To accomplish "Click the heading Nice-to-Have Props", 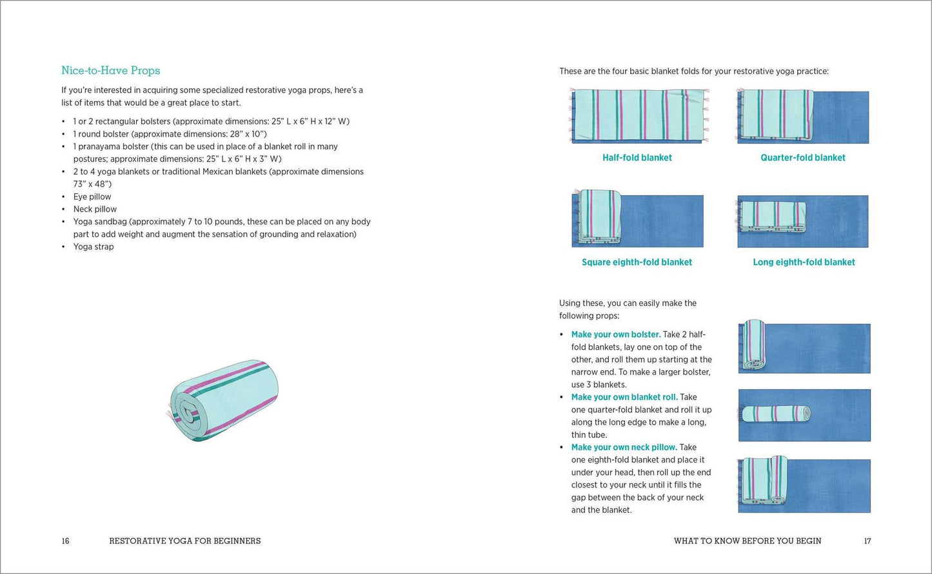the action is [x=111, y=70].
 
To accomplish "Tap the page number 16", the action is [x=65, y=541].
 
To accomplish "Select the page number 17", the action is [x=868, y=541].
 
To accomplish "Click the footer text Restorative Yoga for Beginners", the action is [x=184, y=541].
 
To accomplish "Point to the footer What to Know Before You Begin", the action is [x=748, y=541].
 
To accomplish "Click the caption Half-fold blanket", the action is [x=637, y=158].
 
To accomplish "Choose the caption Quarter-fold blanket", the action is [x=803, y=158].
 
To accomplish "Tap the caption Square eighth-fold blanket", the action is [x=637, y=262].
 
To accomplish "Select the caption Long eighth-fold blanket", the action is [x=804, y=262].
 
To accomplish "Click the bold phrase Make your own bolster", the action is [x=616, y=334].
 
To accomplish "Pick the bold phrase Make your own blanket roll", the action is [x=624, y=397].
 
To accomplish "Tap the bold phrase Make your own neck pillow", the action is [x=624, y=447].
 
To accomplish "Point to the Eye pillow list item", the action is [x=92, y=196].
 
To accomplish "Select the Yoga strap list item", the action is [x=93, y=247].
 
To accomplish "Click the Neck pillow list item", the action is [x=95, y=209].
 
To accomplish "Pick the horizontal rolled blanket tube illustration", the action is [x=776, y=414].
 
